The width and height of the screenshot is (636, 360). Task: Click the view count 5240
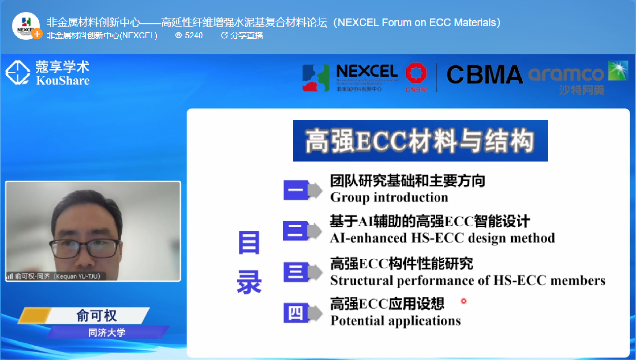point(189,35)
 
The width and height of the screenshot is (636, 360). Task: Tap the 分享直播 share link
point(242,35)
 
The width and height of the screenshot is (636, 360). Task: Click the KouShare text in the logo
point(63,81)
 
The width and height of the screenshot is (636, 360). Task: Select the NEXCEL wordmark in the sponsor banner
point(367,71)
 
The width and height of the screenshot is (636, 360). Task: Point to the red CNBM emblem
point(416,73)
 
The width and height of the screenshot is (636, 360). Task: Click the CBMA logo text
point(485,75)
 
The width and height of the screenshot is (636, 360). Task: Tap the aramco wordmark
point(566,74)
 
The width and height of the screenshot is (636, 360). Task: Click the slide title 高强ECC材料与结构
point(420,141)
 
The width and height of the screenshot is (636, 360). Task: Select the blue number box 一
point(296,190)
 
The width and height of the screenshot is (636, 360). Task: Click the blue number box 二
point(295,231)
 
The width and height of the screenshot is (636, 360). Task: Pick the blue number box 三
point(296,272)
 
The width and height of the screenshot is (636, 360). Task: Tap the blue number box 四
point(296,313)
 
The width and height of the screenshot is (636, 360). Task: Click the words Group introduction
point(389,198)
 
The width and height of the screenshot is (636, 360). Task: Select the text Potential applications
point(396,320)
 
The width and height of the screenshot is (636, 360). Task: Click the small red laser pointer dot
point(464,301)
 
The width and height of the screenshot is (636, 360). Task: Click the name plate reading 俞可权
point(97,316)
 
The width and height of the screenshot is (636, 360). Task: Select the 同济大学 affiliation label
point(107,333)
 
